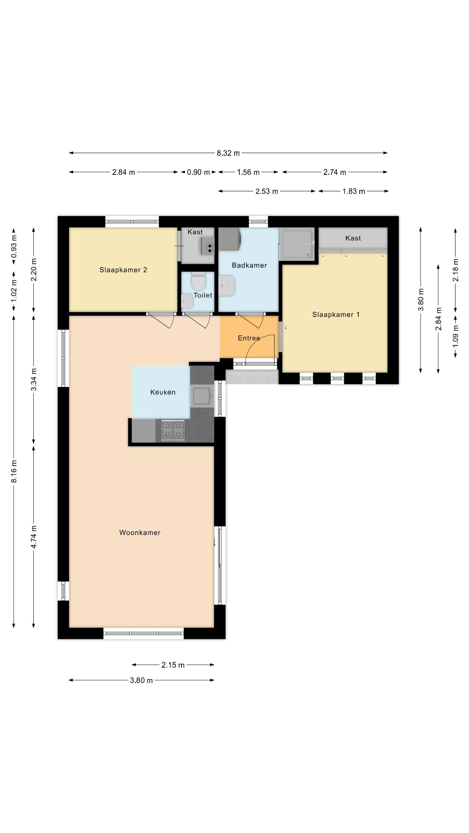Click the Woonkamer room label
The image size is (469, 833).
(140, 533)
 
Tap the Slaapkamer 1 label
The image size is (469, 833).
(336, 314)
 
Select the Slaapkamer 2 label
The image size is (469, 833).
(123, 270)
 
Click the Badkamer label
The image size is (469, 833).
(249, 265)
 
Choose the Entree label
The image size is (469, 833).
(249, 338)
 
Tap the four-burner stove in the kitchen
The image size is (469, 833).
(173, 430)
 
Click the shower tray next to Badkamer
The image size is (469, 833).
(297, 244)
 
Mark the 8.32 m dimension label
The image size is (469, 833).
(228, 153)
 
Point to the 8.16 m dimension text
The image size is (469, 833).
(14, 471)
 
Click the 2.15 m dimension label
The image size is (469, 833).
(173, 665)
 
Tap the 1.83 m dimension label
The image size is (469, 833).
(354, 191)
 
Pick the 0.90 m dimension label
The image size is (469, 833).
(198, 172)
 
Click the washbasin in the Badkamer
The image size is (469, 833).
(226, 285)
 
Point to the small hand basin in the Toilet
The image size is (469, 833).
(187, 301)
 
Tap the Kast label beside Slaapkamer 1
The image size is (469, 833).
(353, 238)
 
